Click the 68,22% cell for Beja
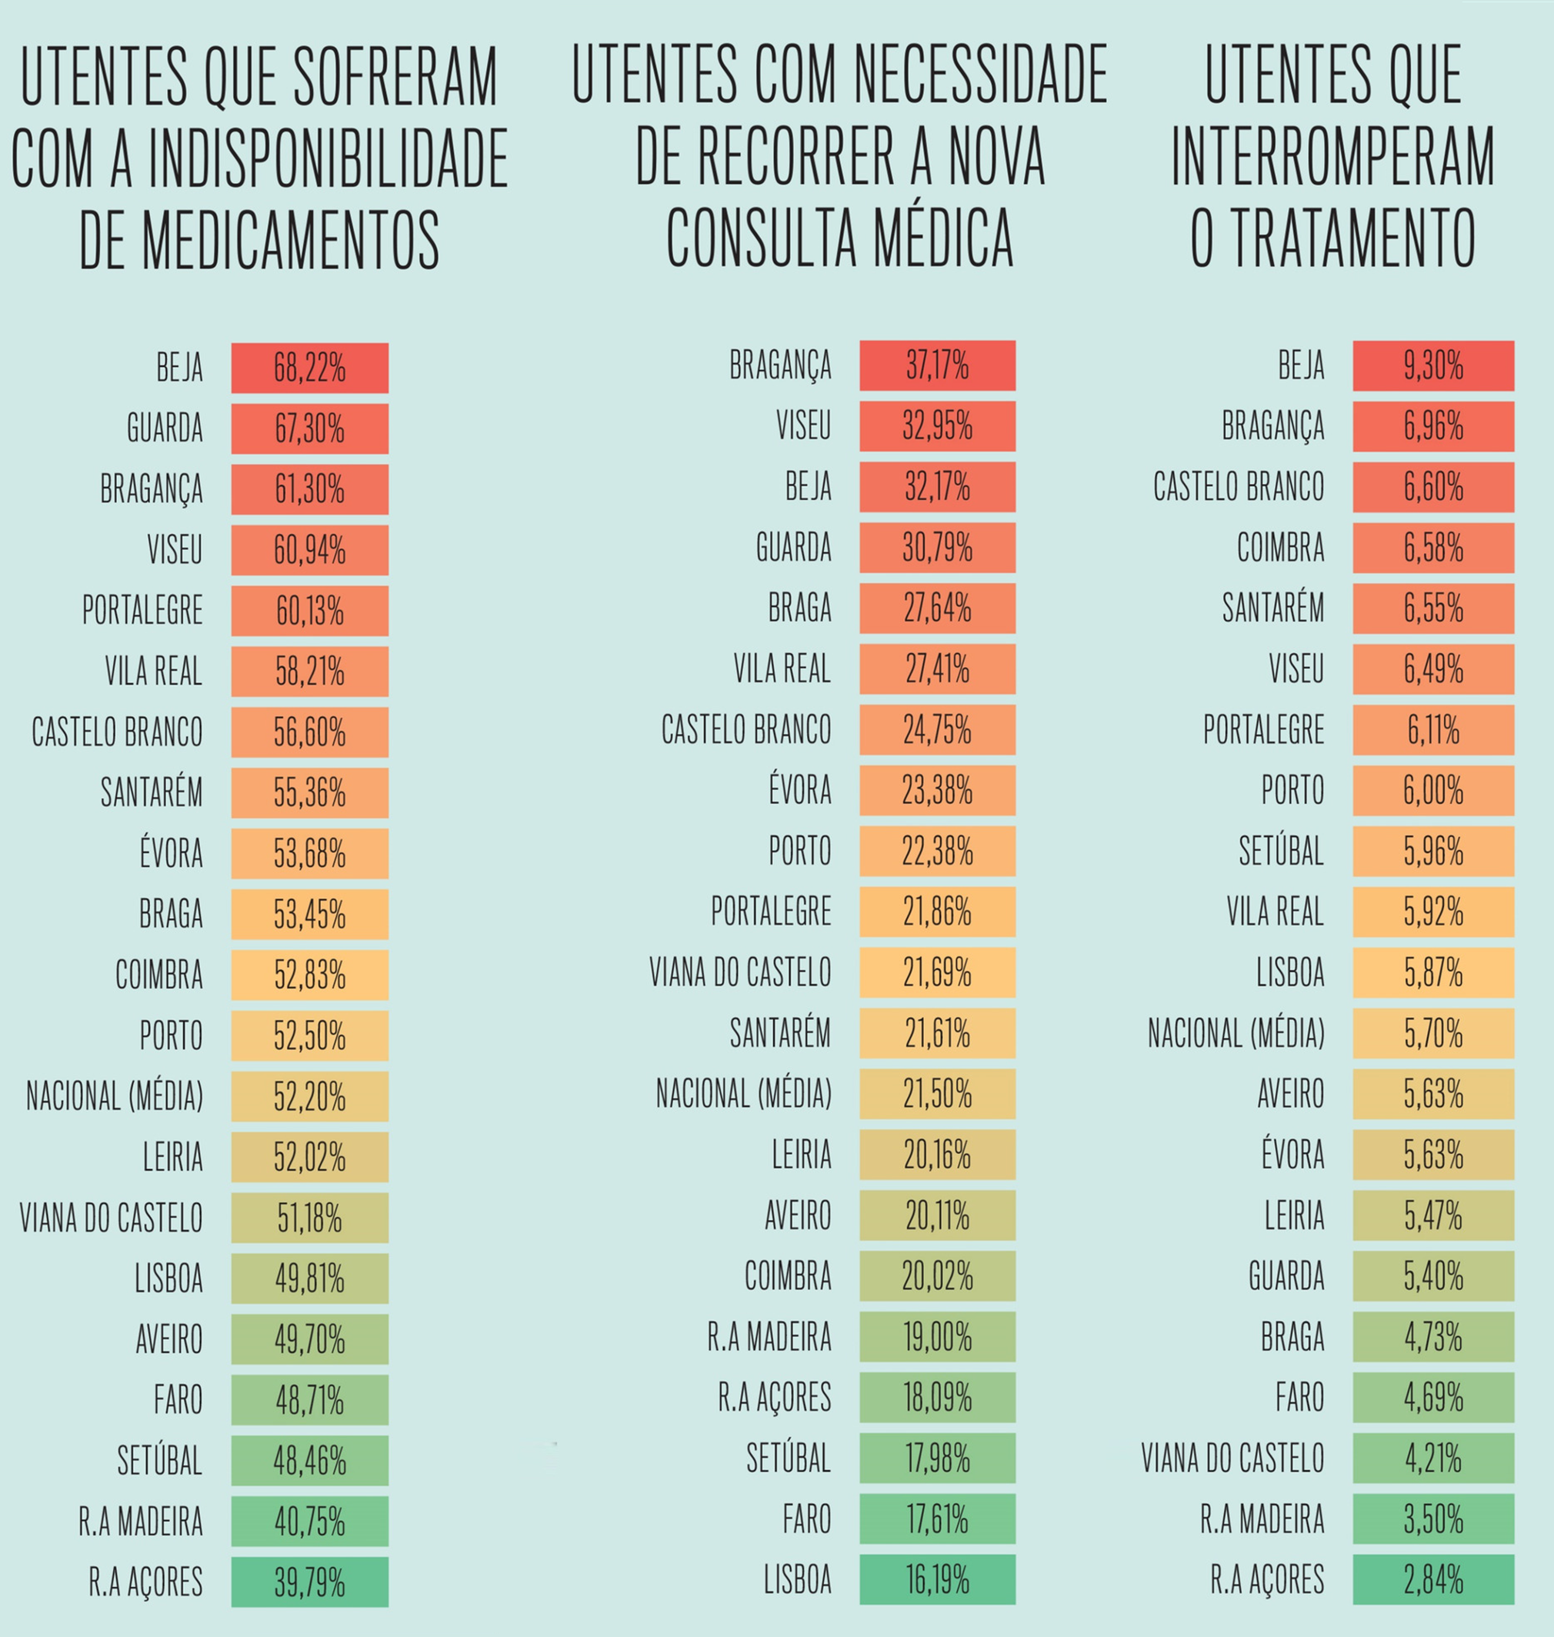coord(309,368)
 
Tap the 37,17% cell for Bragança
coord(937,365)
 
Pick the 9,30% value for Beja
coord(1433,365)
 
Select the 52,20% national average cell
coord(309,1096)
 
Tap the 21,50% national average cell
coord(937,1094)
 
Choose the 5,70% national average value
coord(1433,1033)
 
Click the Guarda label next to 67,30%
coord(164,428)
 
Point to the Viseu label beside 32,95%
coord(802,426)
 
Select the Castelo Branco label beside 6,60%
coord(1239,486)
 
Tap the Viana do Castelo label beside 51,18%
coord(111,1218)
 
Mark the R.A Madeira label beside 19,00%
coord(769,1336)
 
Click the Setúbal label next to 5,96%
coord(1281,851)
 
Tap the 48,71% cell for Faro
coord(309,1400)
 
